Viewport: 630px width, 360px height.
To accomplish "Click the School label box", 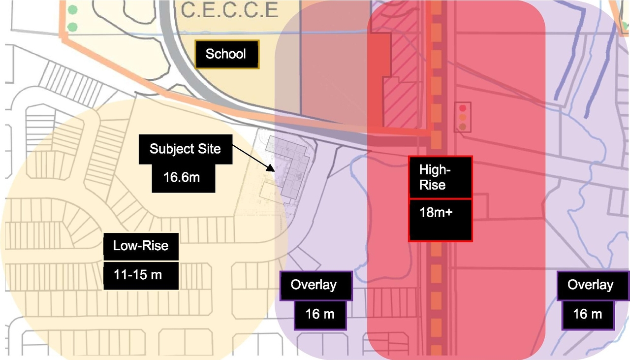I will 226,54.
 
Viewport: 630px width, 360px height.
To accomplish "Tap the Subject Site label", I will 185,149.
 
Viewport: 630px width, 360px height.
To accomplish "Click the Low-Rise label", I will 140,245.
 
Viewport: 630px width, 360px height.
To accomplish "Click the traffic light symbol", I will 463,117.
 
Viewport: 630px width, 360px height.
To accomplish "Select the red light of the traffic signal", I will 463,108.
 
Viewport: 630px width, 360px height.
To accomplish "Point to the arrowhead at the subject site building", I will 271,168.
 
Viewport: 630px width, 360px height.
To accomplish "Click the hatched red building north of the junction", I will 401,94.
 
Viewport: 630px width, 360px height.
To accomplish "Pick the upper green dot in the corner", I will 72,10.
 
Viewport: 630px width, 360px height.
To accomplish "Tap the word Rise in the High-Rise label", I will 432,185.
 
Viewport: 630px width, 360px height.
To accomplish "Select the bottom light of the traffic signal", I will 463,127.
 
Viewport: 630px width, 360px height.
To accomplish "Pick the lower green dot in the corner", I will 72,27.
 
